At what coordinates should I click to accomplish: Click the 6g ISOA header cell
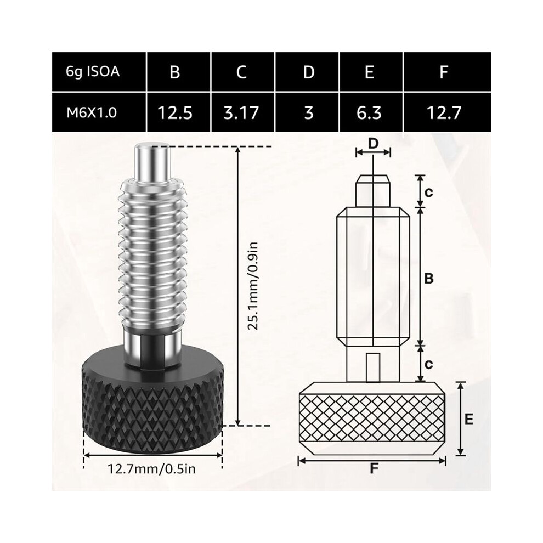[93, 72]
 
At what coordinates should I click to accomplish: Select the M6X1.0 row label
[92, 113]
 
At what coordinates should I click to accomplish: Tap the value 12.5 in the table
[175, 113]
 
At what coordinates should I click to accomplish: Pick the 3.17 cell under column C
[241, 113]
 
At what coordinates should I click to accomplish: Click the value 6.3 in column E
[369, 113]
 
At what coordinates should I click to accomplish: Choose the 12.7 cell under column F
[444, 113]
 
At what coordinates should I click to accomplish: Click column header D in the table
[309, 72]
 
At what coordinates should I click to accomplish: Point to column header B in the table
[175, 72]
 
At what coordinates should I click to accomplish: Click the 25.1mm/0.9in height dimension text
[254, 286]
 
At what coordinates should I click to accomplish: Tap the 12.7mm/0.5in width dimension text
[152, 469]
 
